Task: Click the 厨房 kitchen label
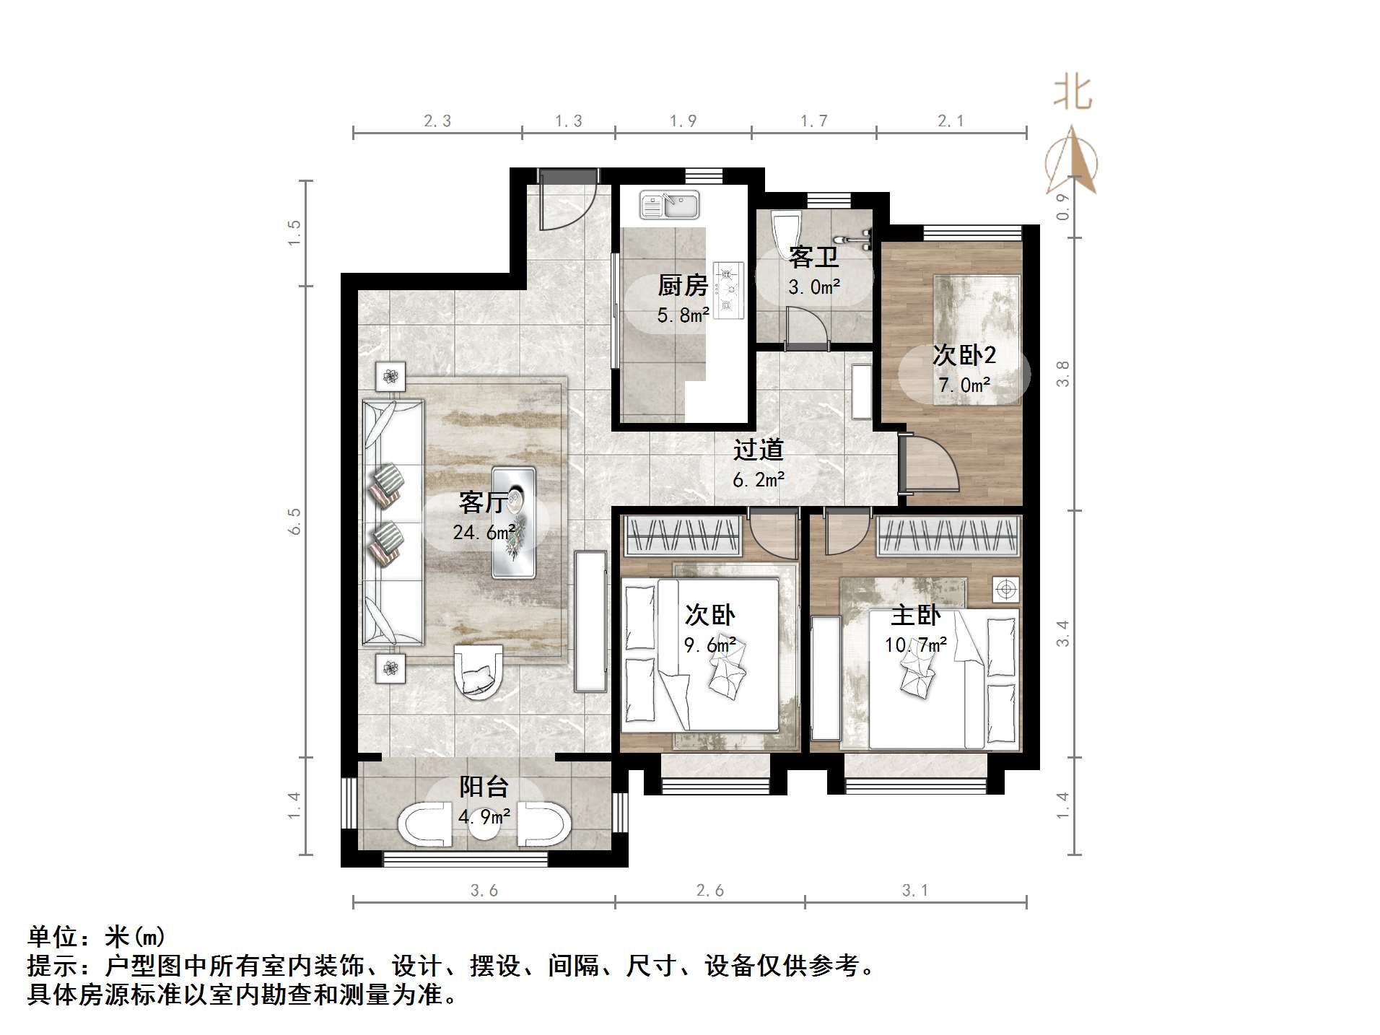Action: (x=682, y=286)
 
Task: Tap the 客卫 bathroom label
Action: (x=813, y=257)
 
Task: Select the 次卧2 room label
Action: (x=964, y=354)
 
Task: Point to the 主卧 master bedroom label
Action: (x=915, y=615)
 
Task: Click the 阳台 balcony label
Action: (x=484, y=787)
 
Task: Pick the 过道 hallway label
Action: (x=758, y=450)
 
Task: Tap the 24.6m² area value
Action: (x=484, y=533)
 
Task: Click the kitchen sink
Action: (x=669, y=204)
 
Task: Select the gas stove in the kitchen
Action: (x=728, y=289)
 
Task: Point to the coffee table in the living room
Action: (x=513, y=522)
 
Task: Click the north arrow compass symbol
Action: (x=1073, y=162)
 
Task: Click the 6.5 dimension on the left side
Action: (x=294, y=521)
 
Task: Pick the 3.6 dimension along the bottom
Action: (x=484, y=891)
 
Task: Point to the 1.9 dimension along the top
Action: (x=683, y=121)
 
